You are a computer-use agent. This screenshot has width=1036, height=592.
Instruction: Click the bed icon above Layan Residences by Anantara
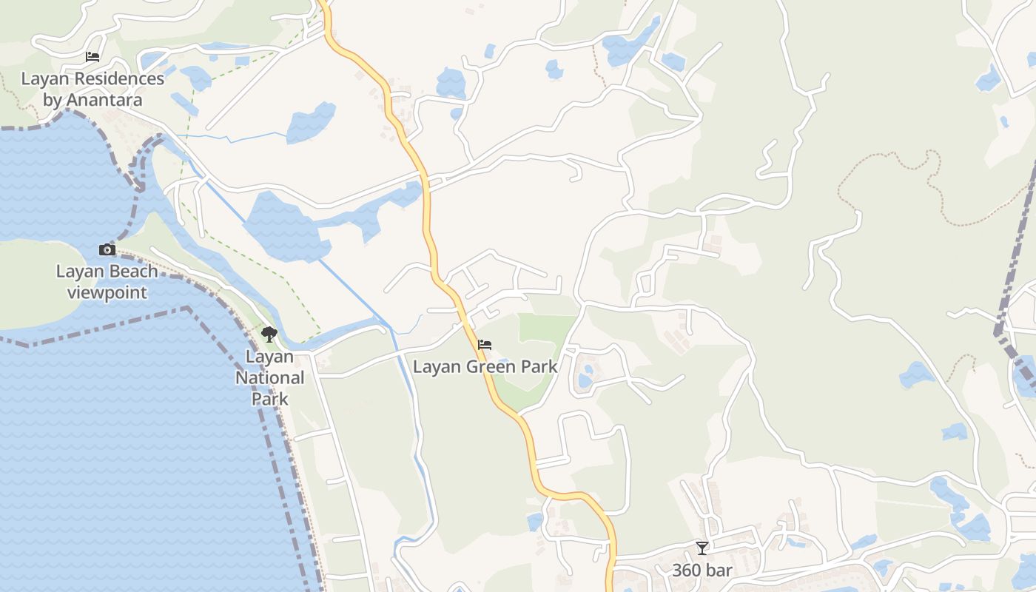[92, 57]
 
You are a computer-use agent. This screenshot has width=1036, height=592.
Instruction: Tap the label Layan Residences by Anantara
[92, 89]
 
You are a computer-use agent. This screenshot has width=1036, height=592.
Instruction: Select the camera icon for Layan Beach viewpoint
[107, 250]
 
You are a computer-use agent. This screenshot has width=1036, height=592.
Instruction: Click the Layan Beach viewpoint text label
[107, 282]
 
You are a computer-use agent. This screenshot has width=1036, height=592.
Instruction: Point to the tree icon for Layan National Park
[269, 334]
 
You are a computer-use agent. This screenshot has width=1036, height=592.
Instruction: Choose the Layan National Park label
[269, 377]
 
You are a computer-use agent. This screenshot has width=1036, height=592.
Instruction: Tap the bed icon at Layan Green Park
[485, 345]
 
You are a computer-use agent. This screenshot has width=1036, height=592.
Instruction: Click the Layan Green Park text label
[485, 366]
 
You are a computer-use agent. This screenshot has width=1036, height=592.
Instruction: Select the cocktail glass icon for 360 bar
[702, 548]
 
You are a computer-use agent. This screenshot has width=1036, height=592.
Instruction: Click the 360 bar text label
[702, 571]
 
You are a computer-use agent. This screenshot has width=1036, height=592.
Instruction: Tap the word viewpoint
[107, 292]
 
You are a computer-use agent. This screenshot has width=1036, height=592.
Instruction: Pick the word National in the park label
[269, 377]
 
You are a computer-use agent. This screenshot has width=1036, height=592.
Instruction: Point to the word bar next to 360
[719, 571]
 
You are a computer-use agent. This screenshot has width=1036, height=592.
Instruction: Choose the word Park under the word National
[269, 399]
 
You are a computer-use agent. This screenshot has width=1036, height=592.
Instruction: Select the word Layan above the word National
[269, 357]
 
